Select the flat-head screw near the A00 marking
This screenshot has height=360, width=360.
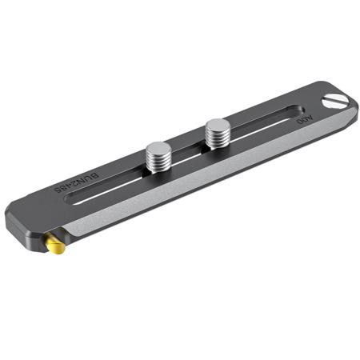(338, 102)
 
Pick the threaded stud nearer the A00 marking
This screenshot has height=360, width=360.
(217, 134)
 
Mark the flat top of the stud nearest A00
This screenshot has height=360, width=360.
(217, 124)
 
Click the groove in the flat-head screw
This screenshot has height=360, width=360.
(338, 102)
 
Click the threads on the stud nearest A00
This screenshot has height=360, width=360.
(217, 141)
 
